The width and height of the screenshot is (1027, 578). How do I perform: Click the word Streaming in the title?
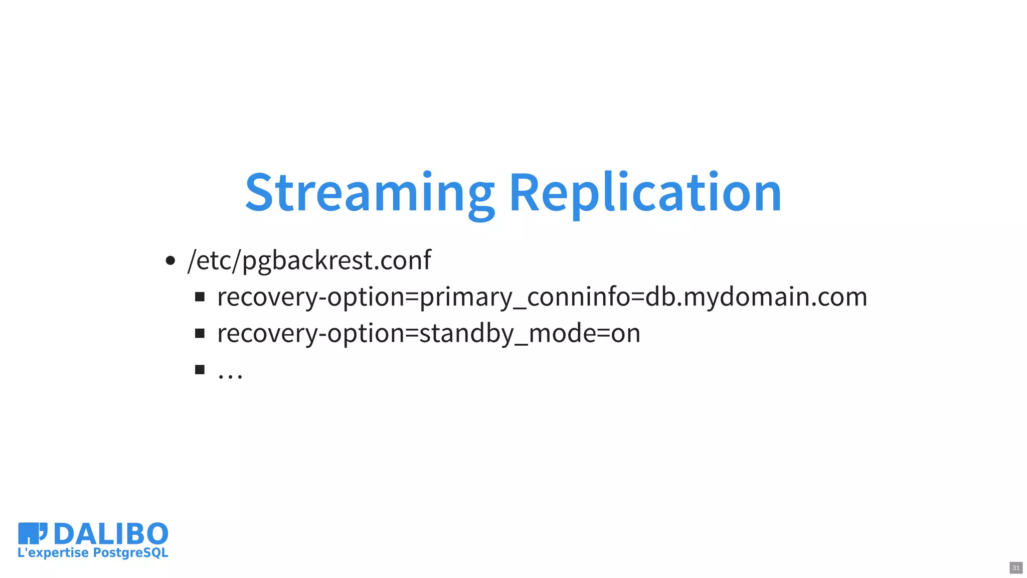370,193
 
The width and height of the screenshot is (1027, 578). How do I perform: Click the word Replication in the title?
645,193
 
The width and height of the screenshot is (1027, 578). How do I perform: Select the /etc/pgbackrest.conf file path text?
309,260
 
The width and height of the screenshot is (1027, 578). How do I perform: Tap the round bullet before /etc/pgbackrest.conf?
170,260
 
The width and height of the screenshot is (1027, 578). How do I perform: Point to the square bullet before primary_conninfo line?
200,297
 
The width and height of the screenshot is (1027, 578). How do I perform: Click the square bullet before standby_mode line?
200,334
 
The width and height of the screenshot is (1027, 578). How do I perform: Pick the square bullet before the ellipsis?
200,370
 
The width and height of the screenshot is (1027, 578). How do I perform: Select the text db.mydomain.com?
756,297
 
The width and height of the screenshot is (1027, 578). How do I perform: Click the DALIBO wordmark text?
111,534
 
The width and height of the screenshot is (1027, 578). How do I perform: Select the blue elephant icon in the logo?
32,533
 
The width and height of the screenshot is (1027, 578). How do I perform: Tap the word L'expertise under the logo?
53,553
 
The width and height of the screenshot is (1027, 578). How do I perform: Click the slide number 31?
1016,568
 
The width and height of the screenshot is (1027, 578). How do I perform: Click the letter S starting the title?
259,193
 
